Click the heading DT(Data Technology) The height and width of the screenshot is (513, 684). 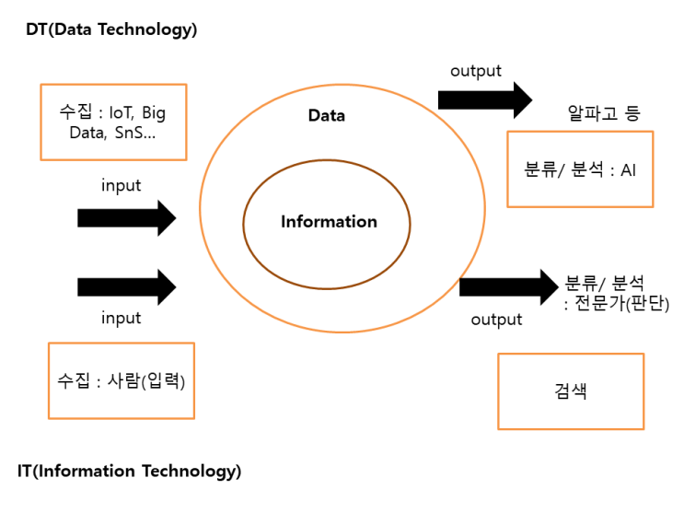111,29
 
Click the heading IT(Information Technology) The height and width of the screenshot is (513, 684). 129,472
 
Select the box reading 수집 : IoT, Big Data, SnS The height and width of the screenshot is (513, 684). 114,122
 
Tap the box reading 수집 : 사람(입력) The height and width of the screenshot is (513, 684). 121,379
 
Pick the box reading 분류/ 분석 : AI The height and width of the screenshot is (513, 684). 580,169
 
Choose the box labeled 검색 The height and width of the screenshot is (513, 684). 572,391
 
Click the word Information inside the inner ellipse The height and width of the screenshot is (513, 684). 329,222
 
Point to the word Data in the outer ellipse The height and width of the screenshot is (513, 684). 326,116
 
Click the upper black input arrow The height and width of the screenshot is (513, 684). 126,218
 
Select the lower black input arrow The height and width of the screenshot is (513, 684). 126,286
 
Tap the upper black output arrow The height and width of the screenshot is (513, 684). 485,99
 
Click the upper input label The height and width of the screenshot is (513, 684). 121,186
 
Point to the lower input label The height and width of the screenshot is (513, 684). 121,319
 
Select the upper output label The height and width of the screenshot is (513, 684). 475,71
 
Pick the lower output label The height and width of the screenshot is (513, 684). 496,320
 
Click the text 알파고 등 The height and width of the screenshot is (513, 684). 604,114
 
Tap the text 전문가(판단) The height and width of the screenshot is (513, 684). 623,304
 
